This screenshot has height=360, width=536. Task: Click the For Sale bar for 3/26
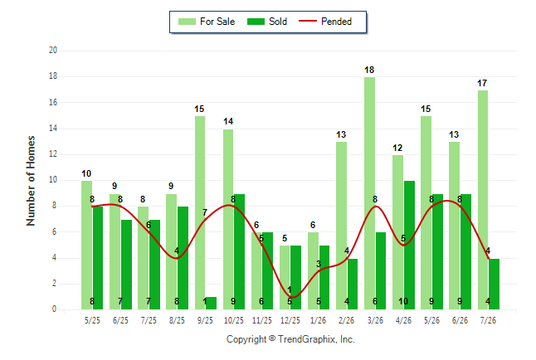[x=369, y=193]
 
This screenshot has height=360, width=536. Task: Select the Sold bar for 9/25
[x=211, y=304]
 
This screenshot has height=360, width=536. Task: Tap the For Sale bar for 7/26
[x=483, y=200]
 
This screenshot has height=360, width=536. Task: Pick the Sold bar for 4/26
[x=410, y=246]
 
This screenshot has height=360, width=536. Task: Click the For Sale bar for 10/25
[x=228, y=219]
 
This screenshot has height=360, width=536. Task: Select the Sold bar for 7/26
[x=494, y=285]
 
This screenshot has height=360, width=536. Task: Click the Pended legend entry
[x=325, y=22]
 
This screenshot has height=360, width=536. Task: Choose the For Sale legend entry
[x=207, y=22]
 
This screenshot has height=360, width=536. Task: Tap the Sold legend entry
[x=267, y=22]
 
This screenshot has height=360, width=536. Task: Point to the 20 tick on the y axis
[x=53, y=51]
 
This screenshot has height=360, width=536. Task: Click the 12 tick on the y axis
[x=53, y=154]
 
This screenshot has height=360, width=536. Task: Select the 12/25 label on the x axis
[x=290, y=321]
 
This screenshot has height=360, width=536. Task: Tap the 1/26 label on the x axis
[x=319, y=321]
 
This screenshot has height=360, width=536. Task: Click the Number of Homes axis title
[x=31, y=181]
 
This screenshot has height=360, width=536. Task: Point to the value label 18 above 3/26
[x=369, y=70]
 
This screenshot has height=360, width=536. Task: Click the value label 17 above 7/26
[x=482, y=84]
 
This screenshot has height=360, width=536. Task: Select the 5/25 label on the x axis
[x=92, y=321]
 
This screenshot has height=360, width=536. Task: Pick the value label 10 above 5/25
[x=86, y=173]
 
